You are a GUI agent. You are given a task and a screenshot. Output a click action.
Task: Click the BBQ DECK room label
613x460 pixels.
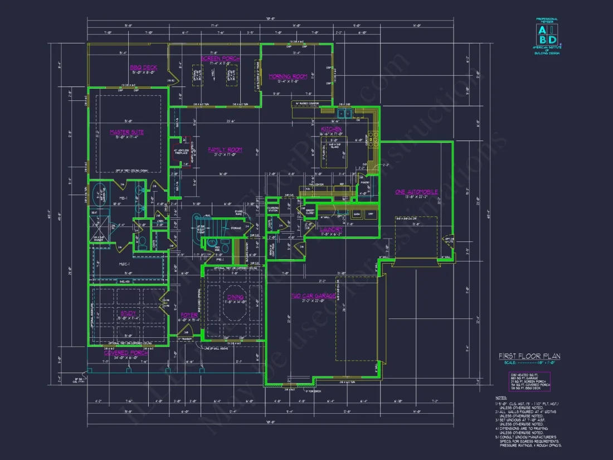click(x=144, y=67)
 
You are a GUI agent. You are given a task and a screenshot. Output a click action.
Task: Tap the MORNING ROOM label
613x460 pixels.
click(x=288, y=76)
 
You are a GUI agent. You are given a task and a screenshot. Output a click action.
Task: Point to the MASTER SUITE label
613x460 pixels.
click(x=127, y=132)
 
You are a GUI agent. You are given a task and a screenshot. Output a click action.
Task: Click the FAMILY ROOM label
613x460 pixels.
click(x=225, y=149)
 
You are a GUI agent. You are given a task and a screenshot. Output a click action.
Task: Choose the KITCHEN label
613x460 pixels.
click(x=330, y=129)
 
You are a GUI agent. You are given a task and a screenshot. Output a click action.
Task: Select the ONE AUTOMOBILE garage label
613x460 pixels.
click(x=416, y=192)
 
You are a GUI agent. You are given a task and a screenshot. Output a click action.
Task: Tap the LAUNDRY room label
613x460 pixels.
click(x=330, y=229)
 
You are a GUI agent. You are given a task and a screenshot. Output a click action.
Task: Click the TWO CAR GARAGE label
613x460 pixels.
click(x=313, y=296)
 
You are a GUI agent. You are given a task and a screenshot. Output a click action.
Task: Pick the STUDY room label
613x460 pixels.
click(x=128, y=313)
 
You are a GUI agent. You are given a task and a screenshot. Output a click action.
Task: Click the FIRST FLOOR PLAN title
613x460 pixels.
click(x=529, y=356)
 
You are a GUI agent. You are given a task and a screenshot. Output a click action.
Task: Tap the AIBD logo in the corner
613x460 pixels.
click(x=547, y=35)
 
